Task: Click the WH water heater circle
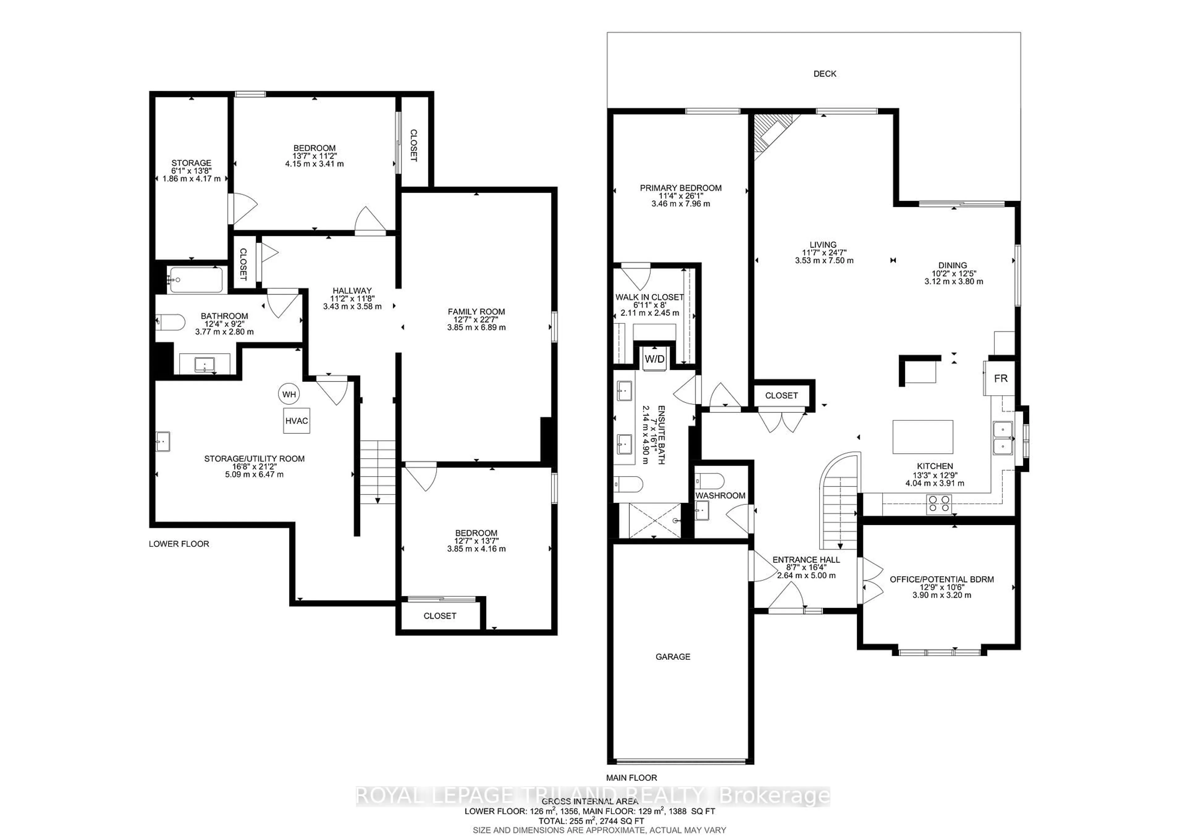click(x=289, y=395)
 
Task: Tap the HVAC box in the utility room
click(x=296, y=421)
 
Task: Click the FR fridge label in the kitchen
click(x=1001, y=379)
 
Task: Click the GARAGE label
click(x=673, y=657)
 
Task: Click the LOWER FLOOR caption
click(x=179, y=544)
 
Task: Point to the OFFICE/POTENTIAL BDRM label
click(x=941, y=579)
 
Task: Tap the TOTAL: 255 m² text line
click(x=591, y=820)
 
